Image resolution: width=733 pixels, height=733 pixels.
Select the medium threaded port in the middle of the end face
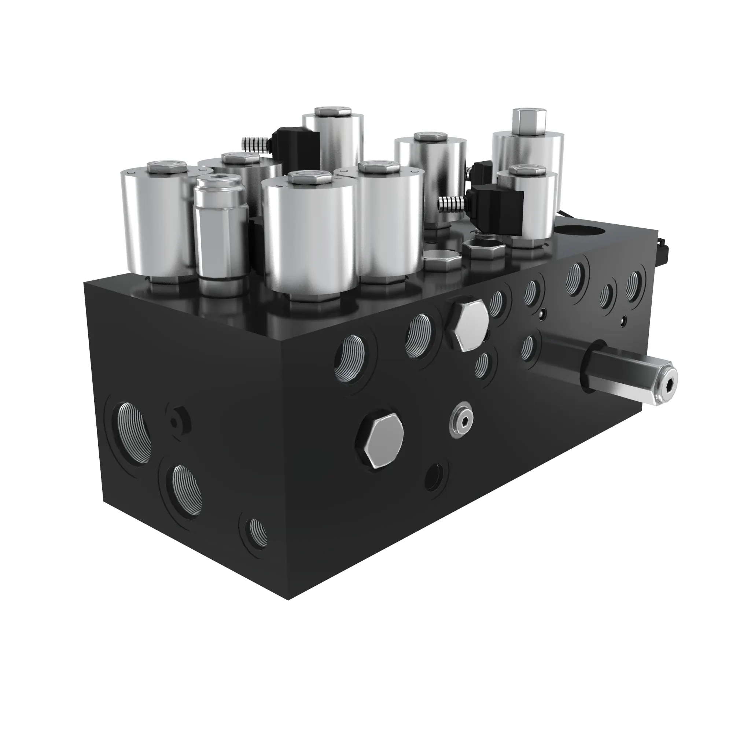tap(186, 489)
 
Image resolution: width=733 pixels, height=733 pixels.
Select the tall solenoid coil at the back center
tap(333, 140)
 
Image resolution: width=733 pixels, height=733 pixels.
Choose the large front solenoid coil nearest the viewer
tap(310, 239)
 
